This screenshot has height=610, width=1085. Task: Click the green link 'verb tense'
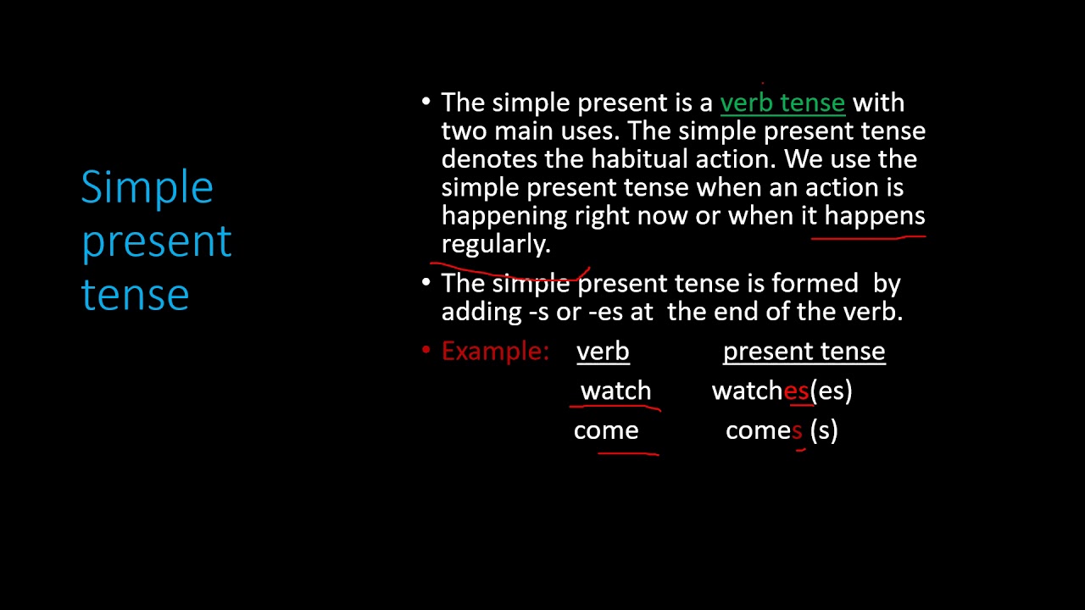pos(782,103)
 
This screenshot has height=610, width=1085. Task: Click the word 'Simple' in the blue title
pos(147,188)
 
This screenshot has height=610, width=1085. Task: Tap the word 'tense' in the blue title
pos(135,294)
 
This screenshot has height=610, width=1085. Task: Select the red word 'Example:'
pos(495,352)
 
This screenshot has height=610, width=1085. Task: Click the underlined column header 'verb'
pos(603,352)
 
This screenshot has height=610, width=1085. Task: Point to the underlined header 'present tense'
pos(804,352)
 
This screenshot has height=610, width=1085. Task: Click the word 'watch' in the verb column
pos(615,391)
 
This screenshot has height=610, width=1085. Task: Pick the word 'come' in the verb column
pos(605,430)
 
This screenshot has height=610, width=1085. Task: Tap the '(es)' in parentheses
pos(831,391)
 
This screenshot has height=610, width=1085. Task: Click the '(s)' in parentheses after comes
pos(824,430)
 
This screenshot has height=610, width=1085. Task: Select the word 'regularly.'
pos(496,245)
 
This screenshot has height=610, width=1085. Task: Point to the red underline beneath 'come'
pos(628,454)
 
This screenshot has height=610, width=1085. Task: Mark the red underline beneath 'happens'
pos(868,238)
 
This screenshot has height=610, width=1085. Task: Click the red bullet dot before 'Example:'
pos(426,350)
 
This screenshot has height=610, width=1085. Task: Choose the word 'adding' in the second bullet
pos(481,312)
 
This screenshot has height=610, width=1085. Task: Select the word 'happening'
pos(504,216)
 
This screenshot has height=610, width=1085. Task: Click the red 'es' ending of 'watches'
pos(796,391)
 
